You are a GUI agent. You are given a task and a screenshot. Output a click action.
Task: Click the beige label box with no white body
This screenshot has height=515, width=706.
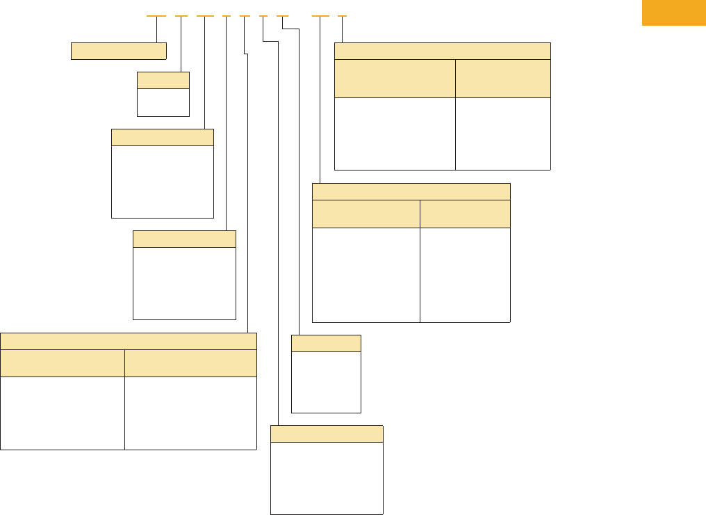tap(119, 51)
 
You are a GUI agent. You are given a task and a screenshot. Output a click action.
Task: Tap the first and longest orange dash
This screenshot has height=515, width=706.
tap(156, 15)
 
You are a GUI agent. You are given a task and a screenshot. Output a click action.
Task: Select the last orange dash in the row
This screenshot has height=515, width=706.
tap(342, 15)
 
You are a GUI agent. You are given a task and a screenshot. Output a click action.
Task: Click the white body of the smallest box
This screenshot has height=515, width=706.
tap(163, 102)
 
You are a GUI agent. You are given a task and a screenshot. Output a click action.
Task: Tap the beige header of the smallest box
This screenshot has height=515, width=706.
tap(163, 80)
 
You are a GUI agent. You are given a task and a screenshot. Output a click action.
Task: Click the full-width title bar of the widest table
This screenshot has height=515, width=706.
tap(129, 341)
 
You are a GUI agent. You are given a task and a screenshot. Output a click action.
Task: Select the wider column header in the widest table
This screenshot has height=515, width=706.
tap(190, 363)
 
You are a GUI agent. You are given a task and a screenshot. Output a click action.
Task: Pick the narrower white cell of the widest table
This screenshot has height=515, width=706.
tap(63, 413)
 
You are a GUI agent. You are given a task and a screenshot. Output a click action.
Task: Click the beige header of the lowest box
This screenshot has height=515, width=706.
tap(327, 434)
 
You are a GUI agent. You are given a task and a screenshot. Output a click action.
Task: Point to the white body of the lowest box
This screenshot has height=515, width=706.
tap(327, 478)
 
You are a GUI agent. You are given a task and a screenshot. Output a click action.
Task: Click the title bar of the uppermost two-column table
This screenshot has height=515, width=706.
tap(443, 51)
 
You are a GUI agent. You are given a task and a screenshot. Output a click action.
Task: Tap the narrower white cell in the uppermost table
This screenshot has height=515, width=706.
tap(503, 134)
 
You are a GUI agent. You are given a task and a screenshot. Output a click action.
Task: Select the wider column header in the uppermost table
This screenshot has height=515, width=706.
tap(395, 79)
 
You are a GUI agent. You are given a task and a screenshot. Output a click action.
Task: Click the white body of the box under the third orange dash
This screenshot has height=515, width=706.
tap(163, 182)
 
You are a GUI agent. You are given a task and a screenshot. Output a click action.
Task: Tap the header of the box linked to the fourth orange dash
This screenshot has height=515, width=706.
tap(184, 239)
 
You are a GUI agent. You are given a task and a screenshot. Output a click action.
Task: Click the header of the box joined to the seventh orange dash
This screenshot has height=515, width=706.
tap(326, 343)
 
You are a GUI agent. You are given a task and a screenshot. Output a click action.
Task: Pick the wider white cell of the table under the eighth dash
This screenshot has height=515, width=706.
tap(366, 275)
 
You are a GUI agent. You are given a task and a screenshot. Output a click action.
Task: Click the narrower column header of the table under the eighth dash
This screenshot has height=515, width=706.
tap(465, 214)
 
